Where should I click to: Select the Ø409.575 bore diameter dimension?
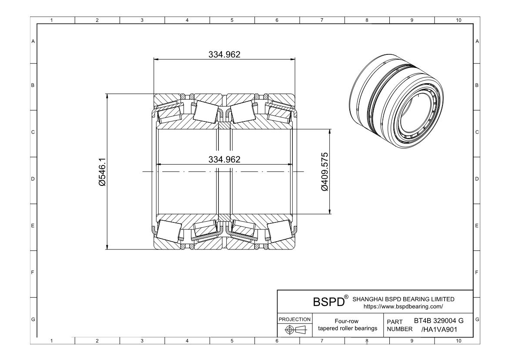click(324, 172)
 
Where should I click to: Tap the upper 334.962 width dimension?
click(224, 54)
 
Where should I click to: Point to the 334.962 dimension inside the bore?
click(224, 159)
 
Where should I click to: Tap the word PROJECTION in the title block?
click(294, 319)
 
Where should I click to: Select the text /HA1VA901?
click(439, 329)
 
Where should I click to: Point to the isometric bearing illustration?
click(397, 99)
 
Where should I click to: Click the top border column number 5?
click(232, 20)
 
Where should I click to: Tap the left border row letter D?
click(33, 179)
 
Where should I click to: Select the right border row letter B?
click(477, 85)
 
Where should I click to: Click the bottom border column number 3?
click(142, 341)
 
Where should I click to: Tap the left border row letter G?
click(33, 320)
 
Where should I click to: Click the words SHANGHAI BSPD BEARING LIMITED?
click(403, 299)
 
